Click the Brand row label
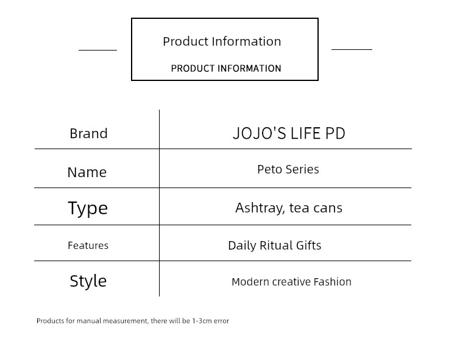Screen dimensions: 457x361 click(88, 134)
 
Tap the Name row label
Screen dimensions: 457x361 click(87, 172)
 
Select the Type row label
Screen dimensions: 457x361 click(88, 208)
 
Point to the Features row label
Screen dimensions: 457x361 click(88, 245)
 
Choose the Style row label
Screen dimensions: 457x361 click(88, 281)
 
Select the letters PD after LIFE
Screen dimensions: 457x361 click(335, 133)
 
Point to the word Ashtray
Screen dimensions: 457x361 click(260, 208)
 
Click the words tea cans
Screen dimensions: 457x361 click(316, 208)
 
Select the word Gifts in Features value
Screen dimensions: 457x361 click(309, 245)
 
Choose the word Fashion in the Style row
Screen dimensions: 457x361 click(333, 282)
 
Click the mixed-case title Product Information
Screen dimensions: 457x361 click(222, 41)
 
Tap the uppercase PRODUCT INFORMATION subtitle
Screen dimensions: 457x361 click(226, 68)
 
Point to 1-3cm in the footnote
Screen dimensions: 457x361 click(202, 321)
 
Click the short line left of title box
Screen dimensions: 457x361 click(97, 50)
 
